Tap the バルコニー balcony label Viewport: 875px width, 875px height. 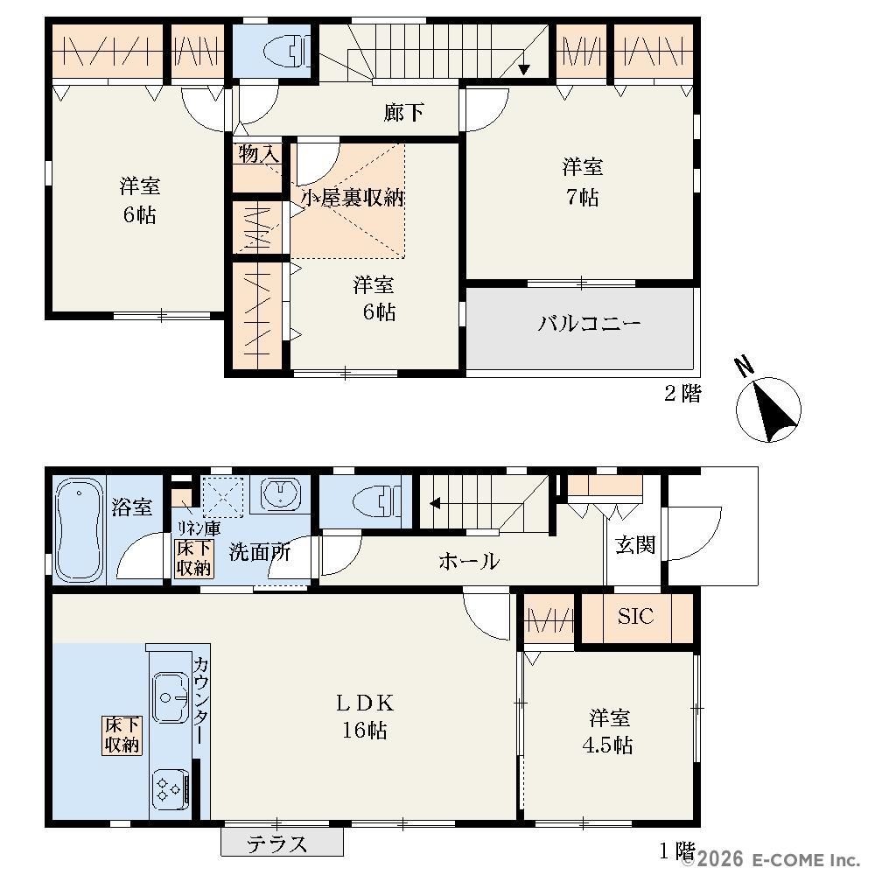point(589,323)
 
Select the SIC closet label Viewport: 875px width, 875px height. point(635,616)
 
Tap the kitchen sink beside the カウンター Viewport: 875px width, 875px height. point(170,697)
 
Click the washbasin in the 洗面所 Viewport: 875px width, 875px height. point(281,493)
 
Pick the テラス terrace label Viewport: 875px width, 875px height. point(277,843)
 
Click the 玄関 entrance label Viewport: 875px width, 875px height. point(635,544)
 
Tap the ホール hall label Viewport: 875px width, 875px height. point(469,561)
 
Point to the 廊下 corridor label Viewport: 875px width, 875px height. point(403,113)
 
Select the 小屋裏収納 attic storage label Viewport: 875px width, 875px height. point(353,198)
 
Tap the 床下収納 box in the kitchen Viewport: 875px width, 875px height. point(122,735)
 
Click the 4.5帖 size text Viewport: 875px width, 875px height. point(607,745)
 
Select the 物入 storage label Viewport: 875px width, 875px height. point(258,153)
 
